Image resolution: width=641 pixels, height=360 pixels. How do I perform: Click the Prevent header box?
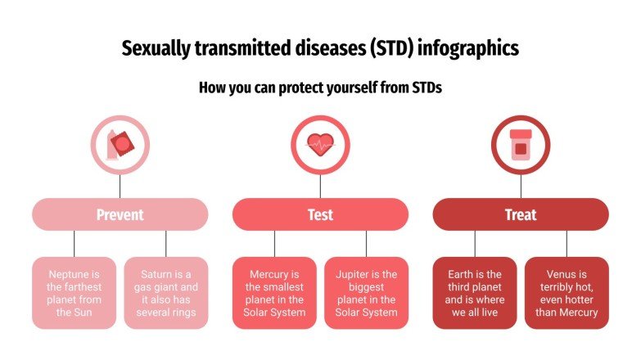(120, 214)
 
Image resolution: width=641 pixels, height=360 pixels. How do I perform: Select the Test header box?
(320, 214)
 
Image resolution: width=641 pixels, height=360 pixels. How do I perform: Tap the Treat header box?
(520, 214)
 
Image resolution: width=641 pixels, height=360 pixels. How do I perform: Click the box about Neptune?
(74, 293)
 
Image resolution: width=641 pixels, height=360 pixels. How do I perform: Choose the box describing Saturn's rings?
(165, 293)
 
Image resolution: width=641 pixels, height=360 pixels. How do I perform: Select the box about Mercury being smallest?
(274, 293)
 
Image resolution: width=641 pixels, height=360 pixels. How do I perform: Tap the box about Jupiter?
(366, 293)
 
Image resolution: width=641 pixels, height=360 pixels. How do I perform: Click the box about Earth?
(474, 293)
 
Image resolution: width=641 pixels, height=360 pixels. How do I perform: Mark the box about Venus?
(566, 293)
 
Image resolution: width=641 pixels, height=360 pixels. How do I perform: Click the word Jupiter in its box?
(354, 274)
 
